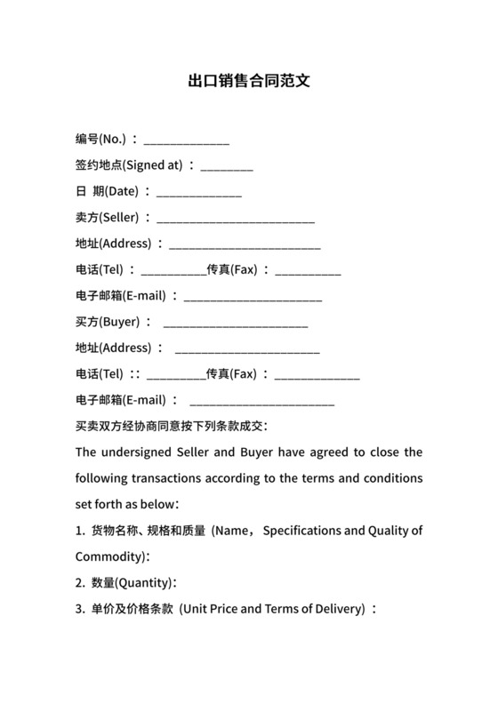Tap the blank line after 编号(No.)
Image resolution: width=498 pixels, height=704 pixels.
tap(187, 141)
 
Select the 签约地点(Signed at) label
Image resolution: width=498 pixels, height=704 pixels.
tap(129, 165)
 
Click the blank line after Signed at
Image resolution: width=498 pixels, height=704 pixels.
tap(227, 167)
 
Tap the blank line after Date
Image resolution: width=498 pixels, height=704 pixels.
tap(199, 193)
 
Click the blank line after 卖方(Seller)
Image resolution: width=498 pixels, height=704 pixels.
tap(236, 219)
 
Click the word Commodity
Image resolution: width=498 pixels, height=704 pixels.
tap(109, 556)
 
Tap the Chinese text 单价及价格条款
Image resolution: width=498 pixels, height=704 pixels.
tap(132, 609)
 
